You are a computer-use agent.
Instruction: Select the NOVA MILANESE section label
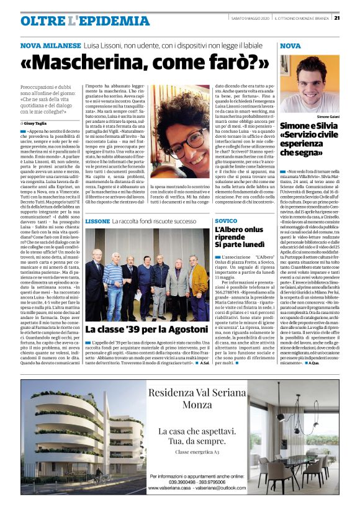[50, 46]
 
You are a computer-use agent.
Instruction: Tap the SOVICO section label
[225, 221]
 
